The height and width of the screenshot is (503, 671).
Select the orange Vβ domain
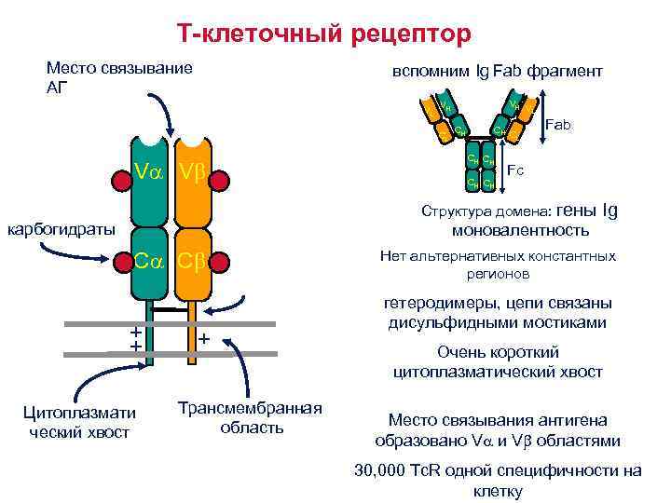191,173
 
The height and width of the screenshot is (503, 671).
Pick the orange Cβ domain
191,262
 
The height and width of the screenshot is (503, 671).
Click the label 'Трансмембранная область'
249,417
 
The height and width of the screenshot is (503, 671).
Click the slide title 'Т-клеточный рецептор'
325,34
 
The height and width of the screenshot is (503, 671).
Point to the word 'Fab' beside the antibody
559,123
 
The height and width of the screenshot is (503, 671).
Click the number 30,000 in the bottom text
382,470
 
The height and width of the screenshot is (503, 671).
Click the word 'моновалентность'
520,230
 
